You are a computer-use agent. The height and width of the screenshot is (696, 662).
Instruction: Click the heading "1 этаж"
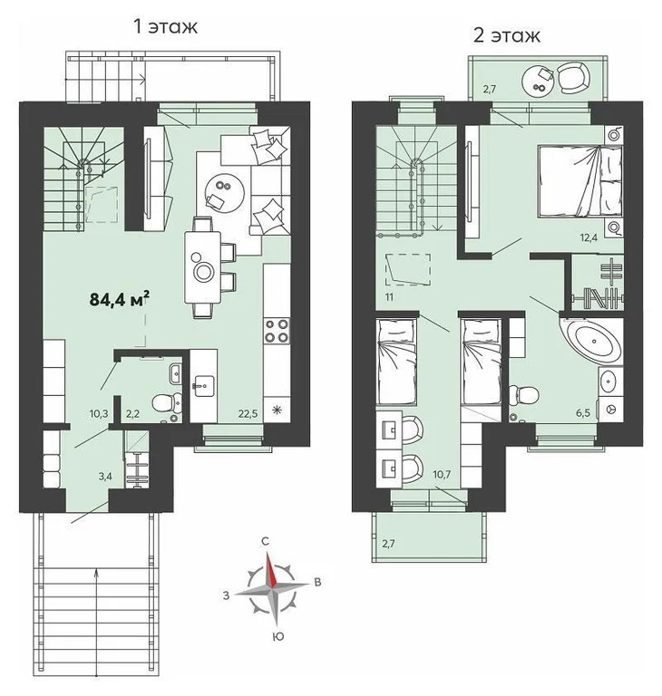165,26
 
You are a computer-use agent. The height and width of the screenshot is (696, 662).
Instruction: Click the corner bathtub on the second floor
594,343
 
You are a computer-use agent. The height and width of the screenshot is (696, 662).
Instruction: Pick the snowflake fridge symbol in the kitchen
277,410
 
